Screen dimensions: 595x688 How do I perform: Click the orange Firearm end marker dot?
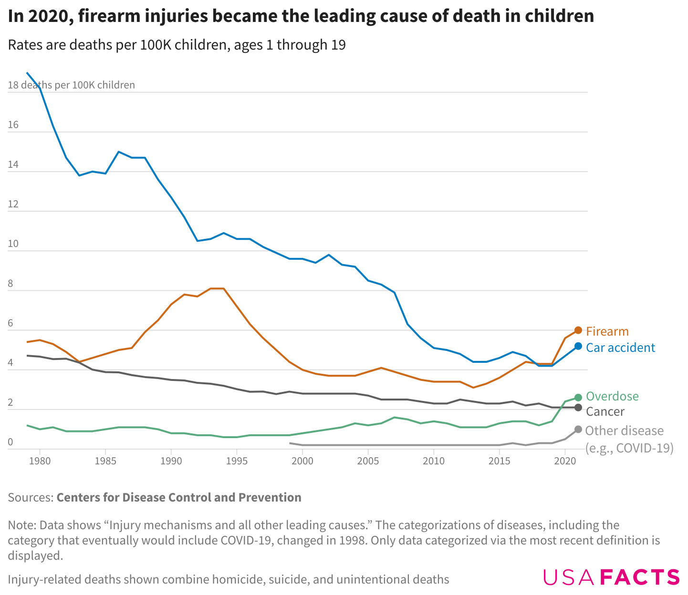578,330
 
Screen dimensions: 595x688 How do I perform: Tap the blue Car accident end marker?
578,346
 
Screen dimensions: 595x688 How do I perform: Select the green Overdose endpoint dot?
578,397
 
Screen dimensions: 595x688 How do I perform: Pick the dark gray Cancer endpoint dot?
578,408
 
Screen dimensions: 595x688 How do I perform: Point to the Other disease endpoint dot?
578,430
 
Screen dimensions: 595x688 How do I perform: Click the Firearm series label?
607,331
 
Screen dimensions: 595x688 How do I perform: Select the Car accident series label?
620,348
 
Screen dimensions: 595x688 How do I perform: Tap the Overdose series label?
612,396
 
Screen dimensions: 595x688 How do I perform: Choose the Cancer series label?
605,411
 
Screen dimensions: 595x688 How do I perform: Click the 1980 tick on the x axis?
40,461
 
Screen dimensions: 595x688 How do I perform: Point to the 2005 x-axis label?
368,461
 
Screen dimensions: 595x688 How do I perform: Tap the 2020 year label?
565,461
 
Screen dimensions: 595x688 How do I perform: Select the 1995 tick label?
237,461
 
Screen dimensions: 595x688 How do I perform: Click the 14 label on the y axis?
13,165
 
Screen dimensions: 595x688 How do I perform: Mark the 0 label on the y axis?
10,442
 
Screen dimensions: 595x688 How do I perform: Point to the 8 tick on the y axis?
10,284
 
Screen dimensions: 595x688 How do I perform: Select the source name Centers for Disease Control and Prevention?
179,497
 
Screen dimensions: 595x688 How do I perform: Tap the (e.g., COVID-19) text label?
629,448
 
